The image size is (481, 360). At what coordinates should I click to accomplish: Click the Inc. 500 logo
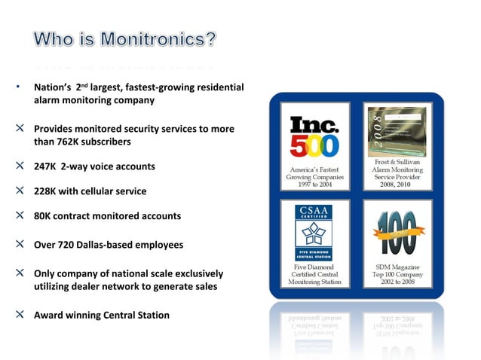click(314, 136)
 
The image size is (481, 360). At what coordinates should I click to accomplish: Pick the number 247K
click(45, 166)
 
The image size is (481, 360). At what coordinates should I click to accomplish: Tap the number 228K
click(45, 191)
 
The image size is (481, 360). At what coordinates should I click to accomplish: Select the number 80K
click(42, 216)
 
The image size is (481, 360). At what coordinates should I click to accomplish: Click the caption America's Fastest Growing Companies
click(314, 178)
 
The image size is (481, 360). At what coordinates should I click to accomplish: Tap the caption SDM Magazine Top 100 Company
click(397, 274)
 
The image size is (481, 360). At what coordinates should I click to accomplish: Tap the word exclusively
click(197, 273)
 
